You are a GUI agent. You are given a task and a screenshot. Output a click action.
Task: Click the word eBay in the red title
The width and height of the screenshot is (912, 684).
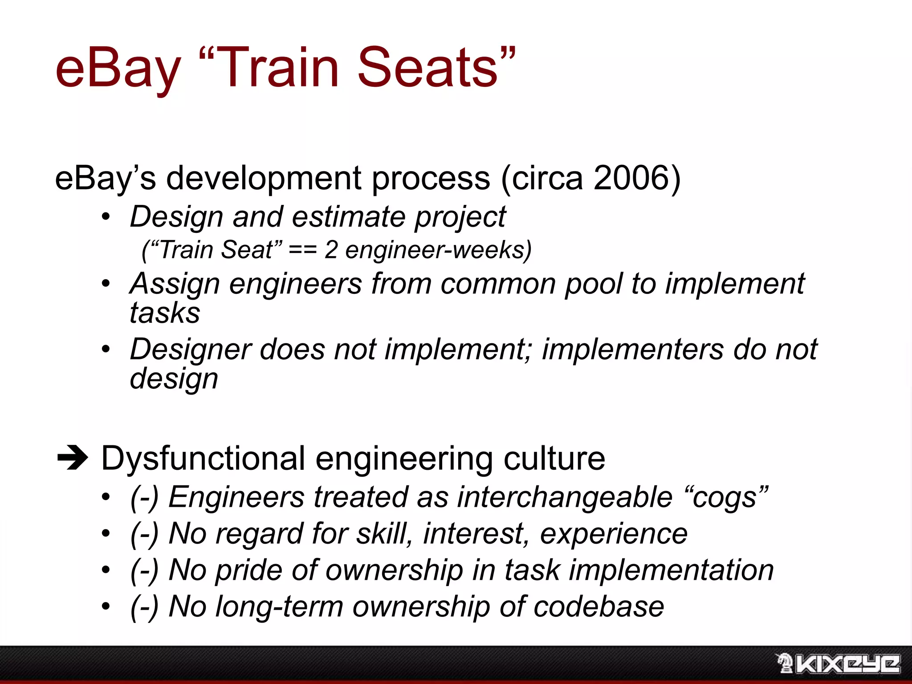(x=118, y=69)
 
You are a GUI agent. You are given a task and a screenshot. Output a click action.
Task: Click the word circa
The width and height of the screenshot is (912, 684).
(x=547, y=178)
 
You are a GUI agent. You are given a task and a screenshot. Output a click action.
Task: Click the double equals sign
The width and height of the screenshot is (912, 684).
(x=303, y=250)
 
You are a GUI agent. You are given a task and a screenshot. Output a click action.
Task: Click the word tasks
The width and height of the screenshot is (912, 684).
(x=165, y=313)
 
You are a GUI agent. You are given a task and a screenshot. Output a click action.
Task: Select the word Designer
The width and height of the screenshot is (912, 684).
(x=191, y=349)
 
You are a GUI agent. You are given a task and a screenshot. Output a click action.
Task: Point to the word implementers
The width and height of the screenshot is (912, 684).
(x=633, y=349)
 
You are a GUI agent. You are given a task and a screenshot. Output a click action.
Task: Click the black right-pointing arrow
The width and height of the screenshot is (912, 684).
(x=73, y=458)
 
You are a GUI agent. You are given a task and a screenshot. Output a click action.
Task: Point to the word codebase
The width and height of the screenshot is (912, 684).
(x=598, y=607)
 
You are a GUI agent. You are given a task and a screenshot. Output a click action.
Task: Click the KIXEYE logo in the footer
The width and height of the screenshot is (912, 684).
(x=838, y=664)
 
